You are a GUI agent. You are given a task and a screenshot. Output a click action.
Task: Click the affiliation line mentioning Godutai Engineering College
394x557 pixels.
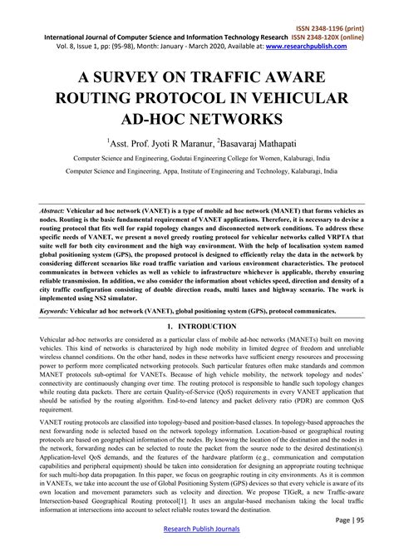point(195,157)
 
